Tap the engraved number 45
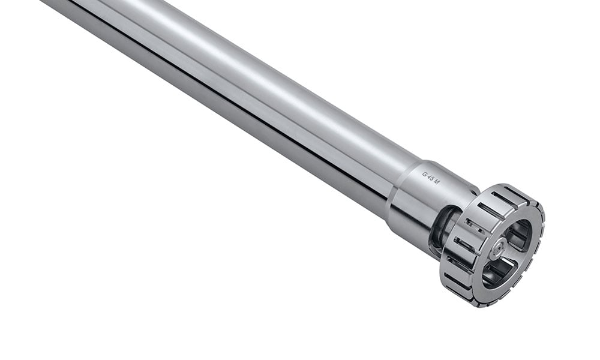pyautogui.click(x=431, y=178)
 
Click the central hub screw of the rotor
pyautogui.click(x=499, y=247)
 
